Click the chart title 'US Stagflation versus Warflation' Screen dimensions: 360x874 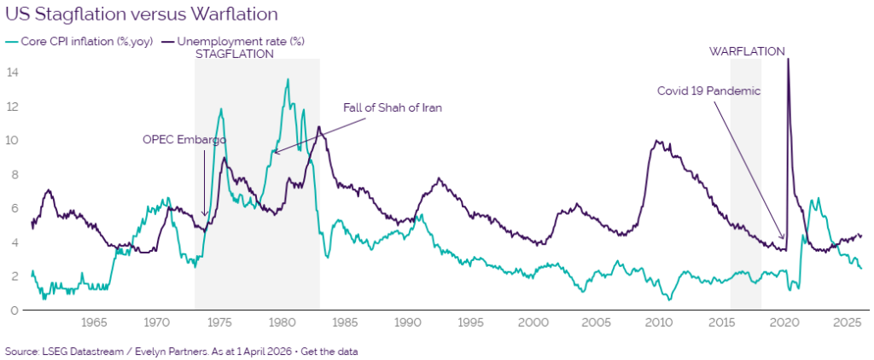coord(141,15)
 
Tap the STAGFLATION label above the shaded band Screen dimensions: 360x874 coord(235,54)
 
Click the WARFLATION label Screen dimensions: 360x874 coord(747,51)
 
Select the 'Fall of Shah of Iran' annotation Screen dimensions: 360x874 coord(393,107)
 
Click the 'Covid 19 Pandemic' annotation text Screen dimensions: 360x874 coord(708,90)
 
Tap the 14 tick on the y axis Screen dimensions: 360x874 coord(13,73)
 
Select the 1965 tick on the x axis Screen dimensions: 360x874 coord(94,323)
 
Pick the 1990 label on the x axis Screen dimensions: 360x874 coord(407,323)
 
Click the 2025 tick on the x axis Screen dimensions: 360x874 coord(847,323)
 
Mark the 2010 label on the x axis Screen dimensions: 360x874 coord(658,323)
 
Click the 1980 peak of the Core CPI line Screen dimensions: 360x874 coord(288,79)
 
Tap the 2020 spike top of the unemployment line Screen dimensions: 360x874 coord(787,60)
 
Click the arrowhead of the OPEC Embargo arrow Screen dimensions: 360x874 coord(204,217)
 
